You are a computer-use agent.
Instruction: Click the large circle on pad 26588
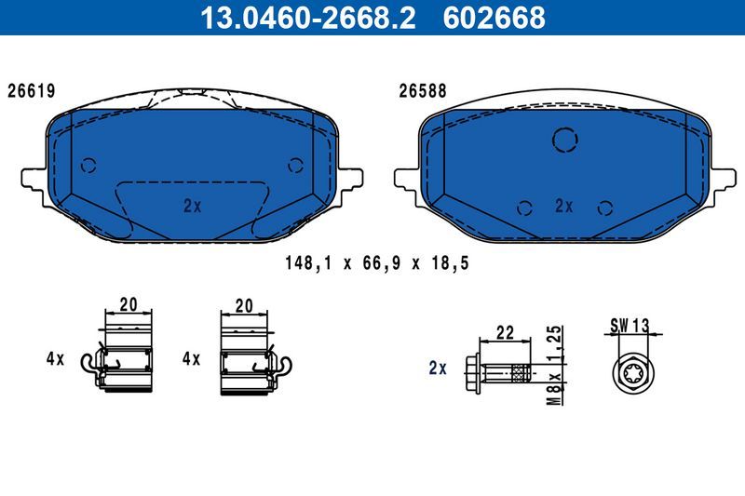click(x=565, y=140)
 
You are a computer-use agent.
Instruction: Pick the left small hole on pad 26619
click(x=88, y=166)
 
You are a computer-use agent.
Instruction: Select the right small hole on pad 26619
click(x=296, y=166)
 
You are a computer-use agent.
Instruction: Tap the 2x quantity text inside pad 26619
click(x=193, y=207)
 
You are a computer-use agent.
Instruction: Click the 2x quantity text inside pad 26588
click(x=563, y=207)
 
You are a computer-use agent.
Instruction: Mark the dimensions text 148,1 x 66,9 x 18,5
click(x=376, y=263)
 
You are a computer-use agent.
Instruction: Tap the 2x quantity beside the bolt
click(x=438, y=368)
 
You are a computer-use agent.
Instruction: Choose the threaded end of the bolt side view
click(x=521, y=373)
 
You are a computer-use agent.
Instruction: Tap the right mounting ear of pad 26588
click(x=724, y=177)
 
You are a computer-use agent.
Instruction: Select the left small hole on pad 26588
click(x=525, y=207)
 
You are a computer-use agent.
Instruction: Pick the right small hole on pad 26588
click(x=605, y=207)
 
